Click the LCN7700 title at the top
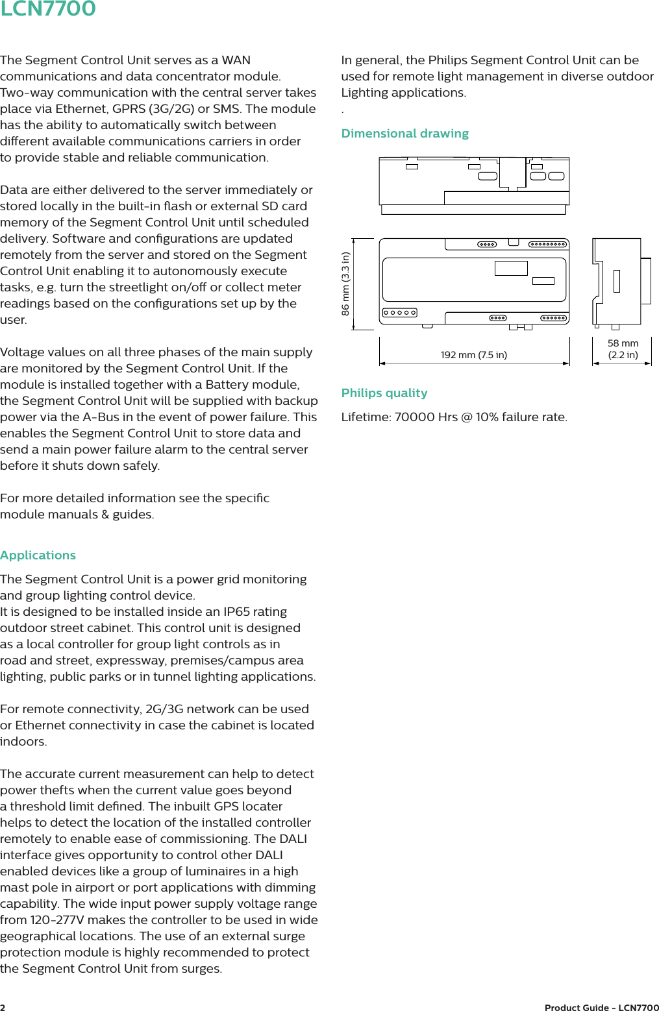pos(48,9)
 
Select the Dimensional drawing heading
pos(404,134)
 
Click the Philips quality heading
pos(384,393)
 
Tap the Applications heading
pos(38,555)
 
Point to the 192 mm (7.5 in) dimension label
pos(473,355)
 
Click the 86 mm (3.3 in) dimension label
pos(345,284)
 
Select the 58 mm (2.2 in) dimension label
pos(623,349)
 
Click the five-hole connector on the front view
pos(399,313)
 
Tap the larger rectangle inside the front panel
pos(511,268)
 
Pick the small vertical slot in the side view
pos(616,281)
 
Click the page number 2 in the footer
pos(3,1007)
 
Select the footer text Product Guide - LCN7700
pos(601,1007)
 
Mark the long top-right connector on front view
pos(548,245)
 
